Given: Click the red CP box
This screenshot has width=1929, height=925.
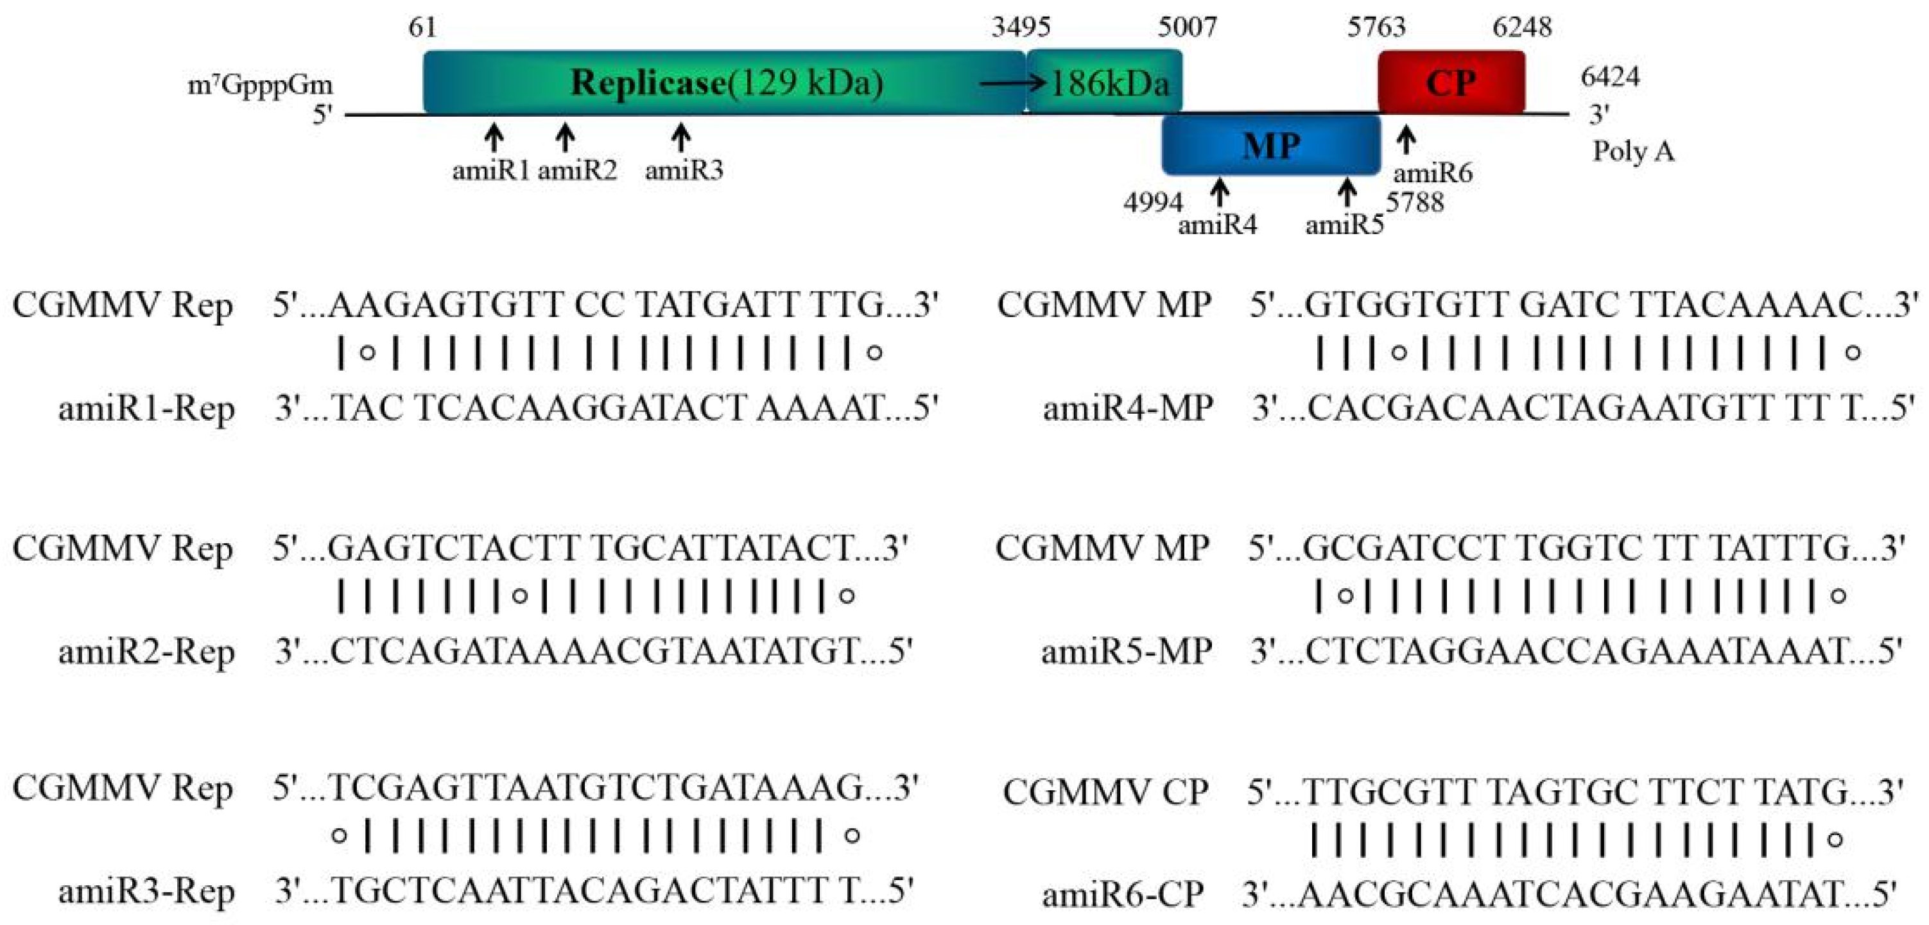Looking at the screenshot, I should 1451,82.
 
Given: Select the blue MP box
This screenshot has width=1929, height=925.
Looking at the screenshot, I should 1271,145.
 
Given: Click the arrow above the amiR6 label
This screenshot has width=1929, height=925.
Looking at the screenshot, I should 1406,140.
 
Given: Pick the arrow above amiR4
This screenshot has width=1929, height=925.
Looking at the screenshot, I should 1220,192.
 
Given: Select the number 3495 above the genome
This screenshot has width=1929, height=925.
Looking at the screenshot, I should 1021,28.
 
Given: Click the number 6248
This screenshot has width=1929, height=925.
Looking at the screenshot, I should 1521,28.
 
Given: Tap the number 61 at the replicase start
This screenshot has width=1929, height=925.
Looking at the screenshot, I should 422,28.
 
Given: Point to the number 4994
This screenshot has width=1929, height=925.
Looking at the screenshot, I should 1153,202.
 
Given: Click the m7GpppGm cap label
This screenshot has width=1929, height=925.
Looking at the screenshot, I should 260,85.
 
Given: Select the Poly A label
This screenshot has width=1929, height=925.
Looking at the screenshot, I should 1632,151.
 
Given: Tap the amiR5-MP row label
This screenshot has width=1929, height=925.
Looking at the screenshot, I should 1126,651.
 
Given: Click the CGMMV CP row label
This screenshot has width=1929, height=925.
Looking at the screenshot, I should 1105,792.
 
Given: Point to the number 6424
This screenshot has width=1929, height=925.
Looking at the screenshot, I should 1610,76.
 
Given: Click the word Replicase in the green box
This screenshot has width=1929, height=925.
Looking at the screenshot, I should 648,82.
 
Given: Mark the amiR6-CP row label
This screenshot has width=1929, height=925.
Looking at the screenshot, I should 1123,894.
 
